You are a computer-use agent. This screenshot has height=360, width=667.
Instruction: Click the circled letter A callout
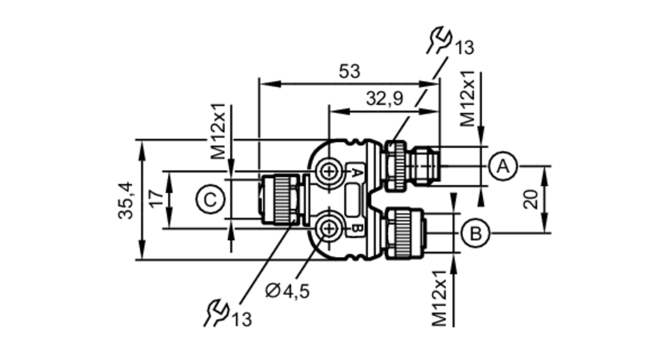point(503,166)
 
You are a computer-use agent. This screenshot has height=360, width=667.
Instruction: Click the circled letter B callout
point(476,233)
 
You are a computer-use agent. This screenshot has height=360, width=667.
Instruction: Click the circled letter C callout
point(210,200)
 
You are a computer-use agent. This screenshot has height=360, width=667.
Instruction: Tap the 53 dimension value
point(350,71)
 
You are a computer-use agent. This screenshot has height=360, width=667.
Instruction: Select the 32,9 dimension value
point(385,99)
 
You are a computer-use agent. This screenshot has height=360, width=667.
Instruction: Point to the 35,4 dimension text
point(126,200)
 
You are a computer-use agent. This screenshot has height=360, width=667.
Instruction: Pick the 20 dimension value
point(531,199)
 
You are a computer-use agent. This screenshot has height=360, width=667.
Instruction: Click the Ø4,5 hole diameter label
point(287,291)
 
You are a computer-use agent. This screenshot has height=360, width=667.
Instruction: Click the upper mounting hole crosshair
point(329,172)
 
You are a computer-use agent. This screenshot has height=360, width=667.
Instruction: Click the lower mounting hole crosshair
point(329,229)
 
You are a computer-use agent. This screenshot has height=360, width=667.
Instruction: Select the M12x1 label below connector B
point(439,298)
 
